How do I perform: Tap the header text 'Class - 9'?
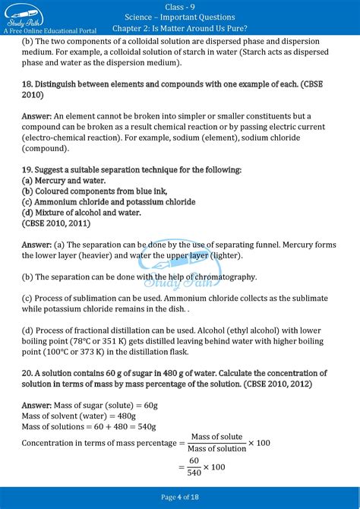click(x=179, y=5)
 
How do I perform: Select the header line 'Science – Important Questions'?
click(x=179, y=17)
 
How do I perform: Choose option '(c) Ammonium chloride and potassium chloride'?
click(x=109, y=202)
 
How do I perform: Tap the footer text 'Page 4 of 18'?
click(x=179, y=497)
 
